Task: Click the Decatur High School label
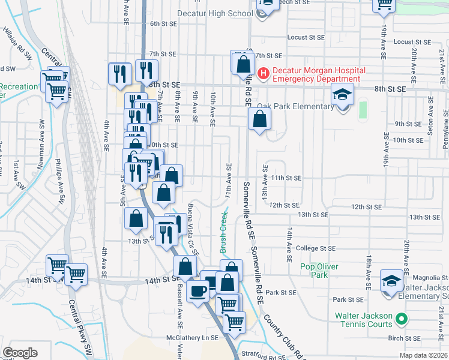coord(215,13)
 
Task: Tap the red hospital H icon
coord(262,74)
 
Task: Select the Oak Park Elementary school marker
coord(343,95)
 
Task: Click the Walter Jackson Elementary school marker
coord(391,281)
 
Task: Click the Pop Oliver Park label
coord(319,271)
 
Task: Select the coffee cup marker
coord(197,292)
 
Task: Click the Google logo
coord(20,352)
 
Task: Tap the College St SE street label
coord(316,248)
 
